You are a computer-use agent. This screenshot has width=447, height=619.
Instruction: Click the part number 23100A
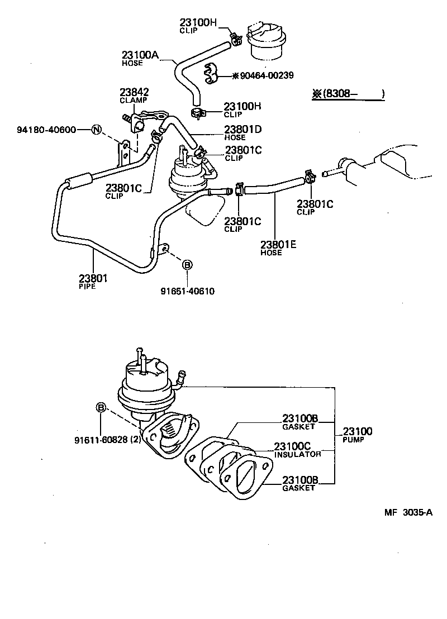click(141, 55)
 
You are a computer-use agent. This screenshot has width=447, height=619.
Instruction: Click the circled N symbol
click(96, 130)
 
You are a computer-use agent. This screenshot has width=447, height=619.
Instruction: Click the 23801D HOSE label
click(243, 132)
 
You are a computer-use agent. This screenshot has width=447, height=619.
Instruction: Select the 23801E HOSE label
click(279, 247)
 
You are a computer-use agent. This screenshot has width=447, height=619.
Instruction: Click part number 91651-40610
click(188, 291)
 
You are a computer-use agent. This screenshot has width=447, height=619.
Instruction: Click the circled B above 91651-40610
click(187, 265)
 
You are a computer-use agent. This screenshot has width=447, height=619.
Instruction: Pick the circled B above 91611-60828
click(101, 408)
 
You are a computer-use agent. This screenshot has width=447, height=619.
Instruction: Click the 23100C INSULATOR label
click(297, 450)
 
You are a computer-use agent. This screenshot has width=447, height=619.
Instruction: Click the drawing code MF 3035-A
click(408, 513)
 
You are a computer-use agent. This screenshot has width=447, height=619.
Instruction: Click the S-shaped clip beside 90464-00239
click(212, 75)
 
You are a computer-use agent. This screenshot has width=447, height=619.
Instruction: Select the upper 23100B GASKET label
click(299, 422)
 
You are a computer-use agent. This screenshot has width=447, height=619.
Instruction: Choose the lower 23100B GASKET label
click(299, 483)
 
